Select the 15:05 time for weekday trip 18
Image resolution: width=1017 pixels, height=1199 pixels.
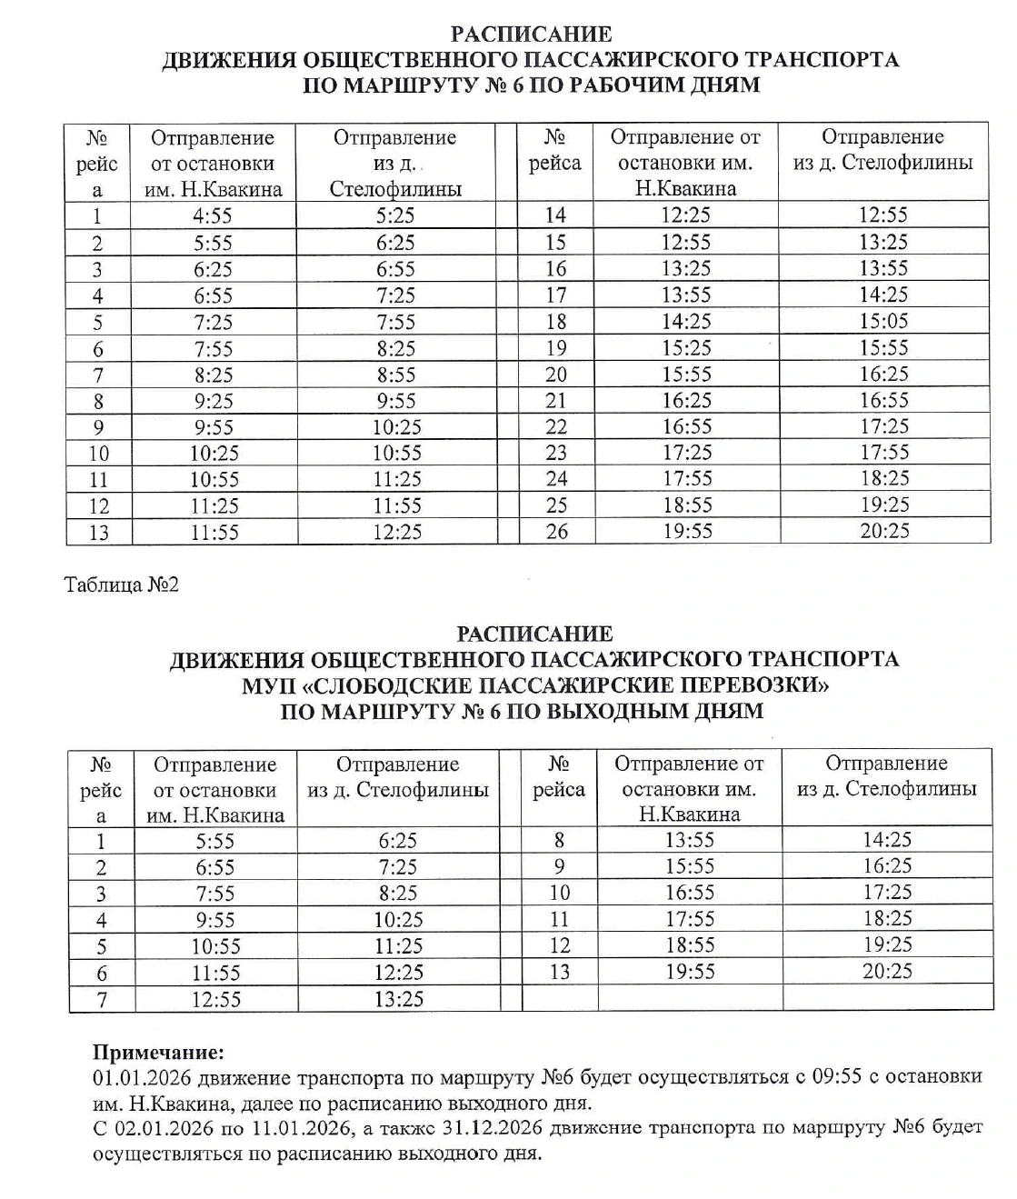click(883, 321)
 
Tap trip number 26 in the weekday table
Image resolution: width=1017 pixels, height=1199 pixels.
click(556, 531)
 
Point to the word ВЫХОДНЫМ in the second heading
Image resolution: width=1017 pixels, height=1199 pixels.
click(617, 712)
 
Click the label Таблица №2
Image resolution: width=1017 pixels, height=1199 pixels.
click(122, 585)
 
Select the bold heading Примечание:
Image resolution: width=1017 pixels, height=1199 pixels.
click(158, 1053)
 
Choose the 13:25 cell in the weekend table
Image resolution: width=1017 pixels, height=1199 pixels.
click(398, 999)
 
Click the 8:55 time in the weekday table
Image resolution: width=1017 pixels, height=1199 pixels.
click(396, 375)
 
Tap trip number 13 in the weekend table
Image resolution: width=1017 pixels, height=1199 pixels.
click(559, 972)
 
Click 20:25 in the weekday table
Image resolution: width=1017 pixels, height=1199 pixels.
click(883, 531)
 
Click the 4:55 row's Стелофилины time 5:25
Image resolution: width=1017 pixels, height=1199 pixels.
click(396, 216)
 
